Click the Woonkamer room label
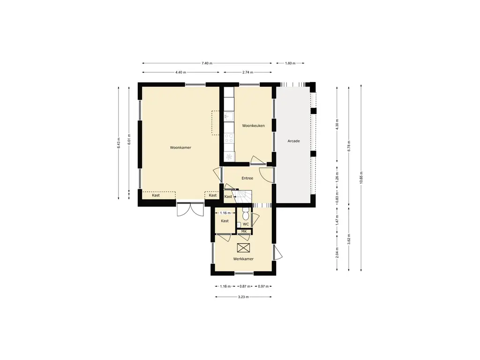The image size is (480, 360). point(180,148)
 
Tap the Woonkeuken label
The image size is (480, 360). point(253,126)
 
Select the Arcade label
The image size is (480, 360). point(293,141)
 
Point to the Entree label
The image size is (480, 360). point(247,178)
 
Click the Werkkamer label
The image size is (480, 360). point(243,259)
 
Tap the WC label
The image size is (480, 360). point(246,225)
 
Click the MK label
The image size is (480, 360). point(244,232)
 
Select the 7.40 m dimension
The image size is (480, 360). point(207,63)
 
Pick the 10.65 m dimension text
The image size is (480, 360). point(361,178)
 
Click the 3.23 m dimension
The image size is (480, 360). point(243,297)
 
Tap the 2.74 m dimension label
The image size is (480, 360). point(247,73)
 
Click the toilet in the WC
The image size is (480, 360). point(246,214)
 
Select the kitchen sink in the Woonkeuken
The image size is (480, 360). point(229,116)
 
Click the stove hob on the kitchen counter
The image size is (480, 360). point(229,138)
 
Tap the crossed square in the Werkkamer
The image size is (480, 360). point(244,248)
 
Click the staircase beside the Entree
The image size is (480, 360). point(244,197)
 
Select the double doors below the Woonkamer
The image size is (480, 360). point(190,210)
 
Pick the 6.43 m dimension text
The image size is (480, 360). point(119,143)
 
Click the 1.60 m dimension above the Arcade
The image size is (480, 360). point(290,63)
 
